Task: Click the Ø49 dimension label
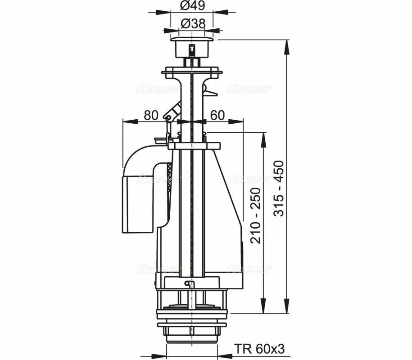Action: coord(193,6)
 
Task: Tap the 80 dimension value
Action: coord(151,115)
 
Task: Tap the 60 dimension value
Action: coord(217,115)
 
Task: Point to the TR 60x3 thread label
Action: coord(259,349)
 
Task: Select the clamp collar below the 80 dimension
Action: coord(194,145)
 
